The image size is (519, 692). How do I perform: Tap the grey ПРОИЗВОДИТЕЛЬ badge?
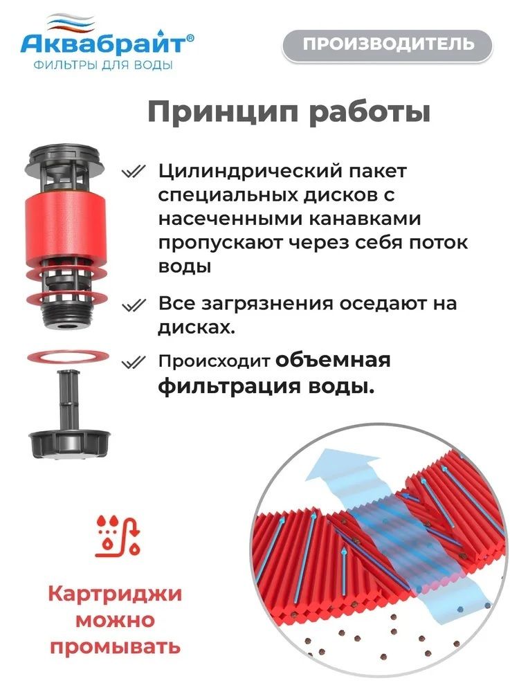387,44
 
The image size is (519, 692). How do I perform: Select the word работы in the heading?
370,113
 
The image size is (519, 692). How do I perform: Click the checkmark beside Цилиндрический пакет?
134,171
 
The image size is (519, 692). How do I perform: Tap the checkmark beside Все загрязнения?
134,304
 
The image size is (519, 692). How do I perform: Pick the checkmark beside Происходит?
134,363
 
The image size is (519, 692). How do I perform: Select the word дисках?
197,327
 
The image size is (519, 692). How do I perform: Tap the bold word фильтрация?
229,387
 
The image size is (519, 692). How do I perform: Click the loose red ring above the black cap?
68,356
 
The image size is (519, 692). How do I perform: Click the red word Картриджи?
115,594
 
